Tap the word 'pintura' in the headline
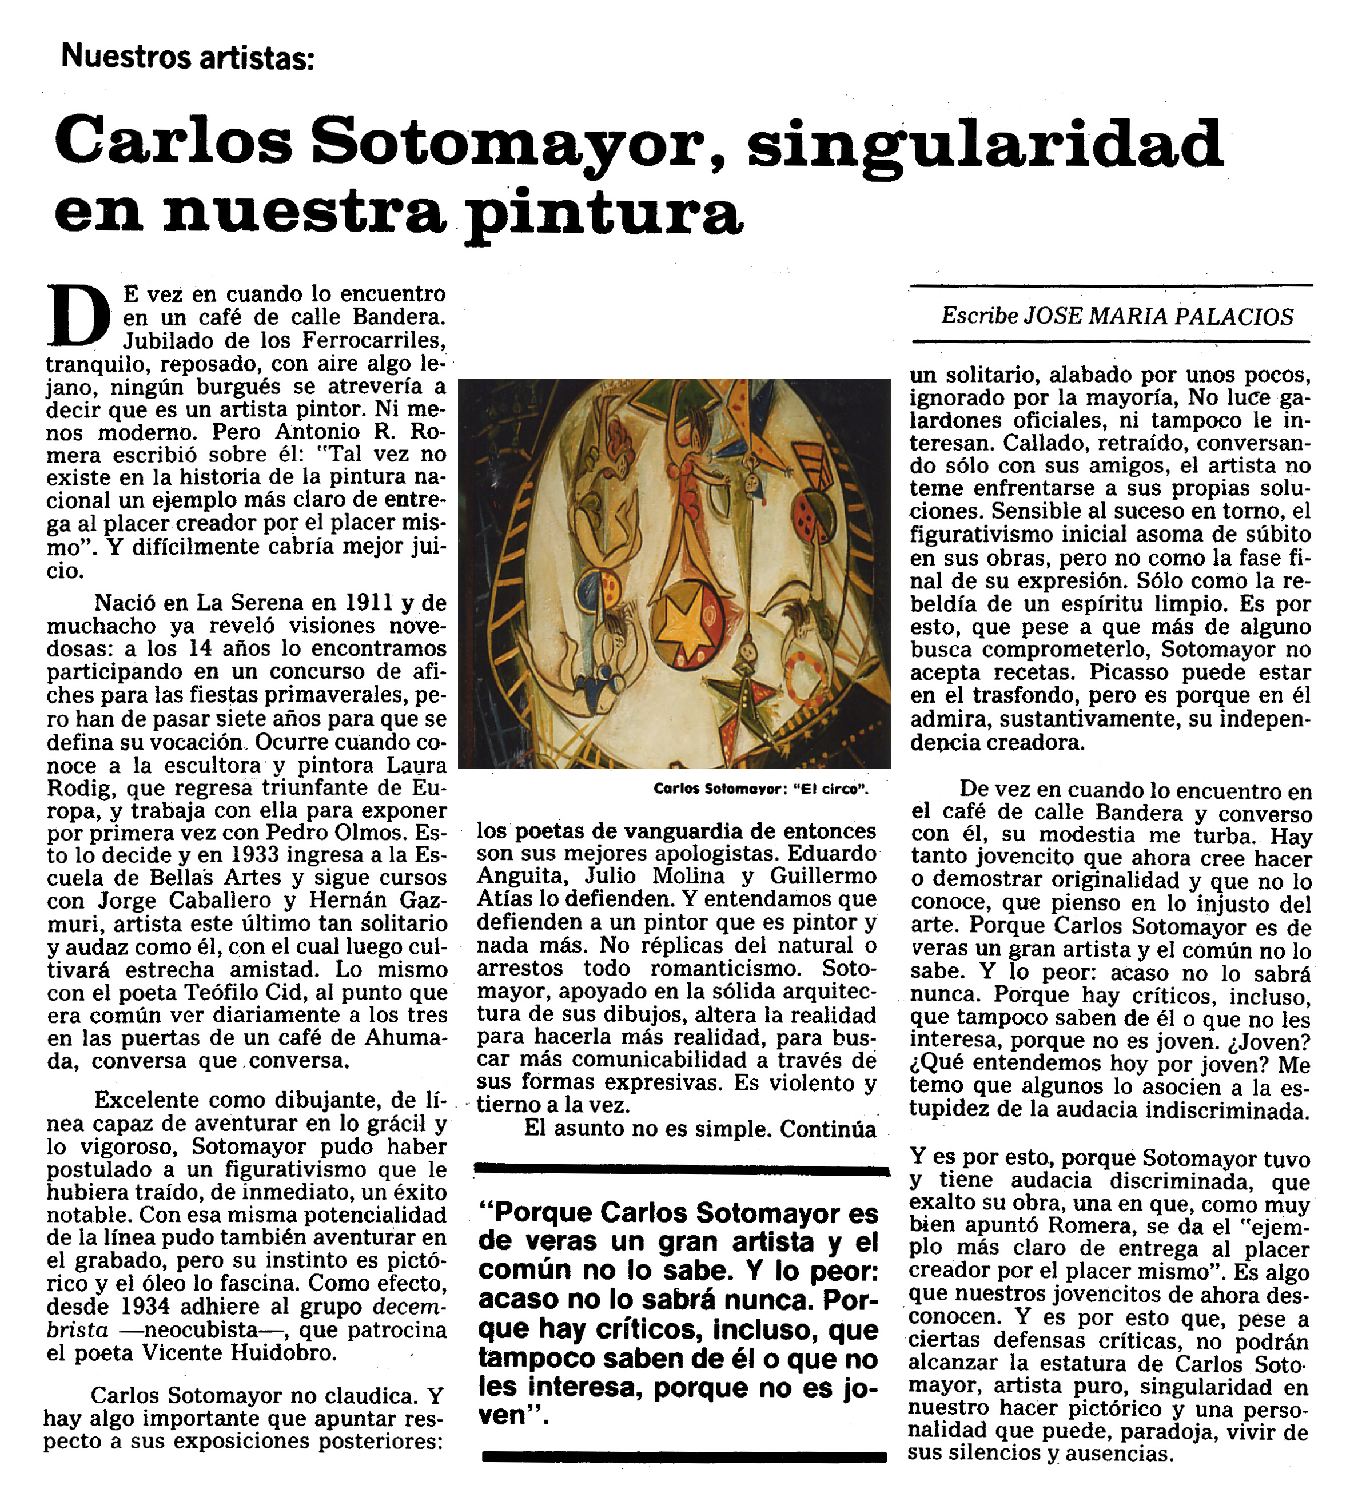tap(603, 216)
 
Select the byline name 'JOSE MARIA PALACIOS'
tap(1158, 316)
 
